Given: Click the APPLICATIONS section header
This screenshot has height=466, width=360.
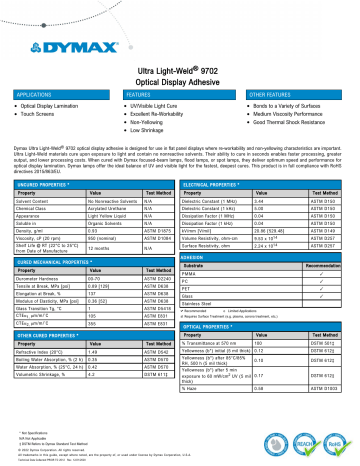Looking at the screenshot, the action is (x=32, y=91).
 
